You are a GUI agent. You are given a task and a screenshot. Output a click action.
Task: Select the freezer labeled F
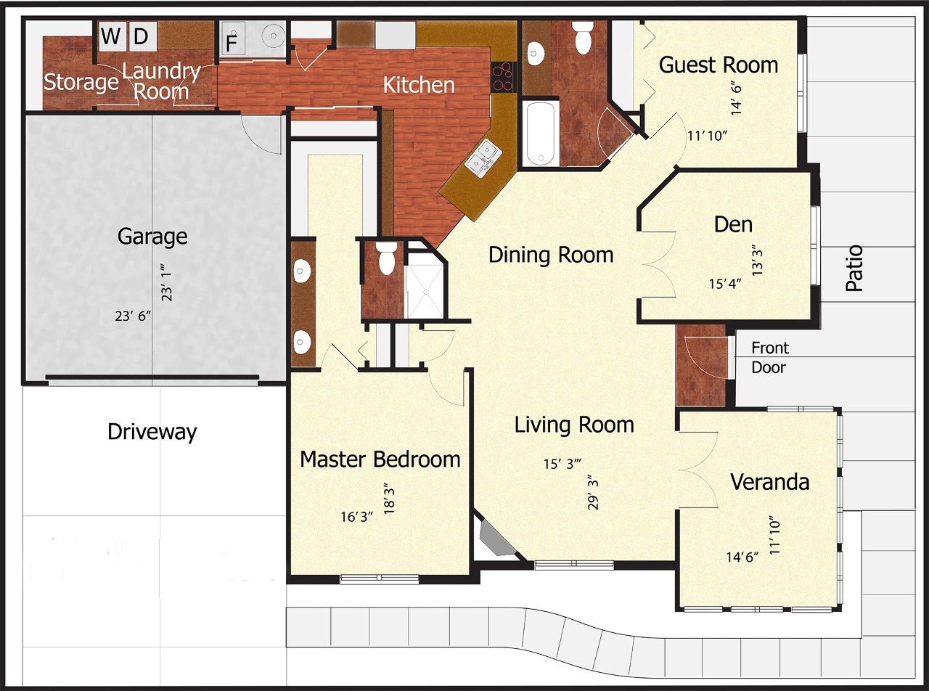tap(232, 38)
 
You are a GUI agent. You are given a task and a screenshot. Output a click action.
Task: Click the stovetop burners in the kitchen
tap(503, 77)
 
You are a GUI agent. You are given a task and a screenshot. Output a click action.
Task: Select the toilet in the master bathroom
tap(387, 258)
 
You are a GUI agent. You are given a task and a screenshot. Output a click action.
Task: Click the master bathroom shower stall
tap(424, 284)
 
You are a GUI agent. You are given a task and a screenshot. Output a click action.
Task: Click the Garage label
tap(152, 237)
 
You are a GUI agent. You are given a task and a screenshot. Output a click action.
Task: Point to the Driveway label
tap(152, 432)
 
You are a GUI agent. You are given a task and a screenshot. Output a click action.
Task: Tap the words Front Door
tap(769, 357)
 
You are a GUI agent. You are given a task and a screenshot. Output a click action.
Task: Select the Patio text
tap(854, 268)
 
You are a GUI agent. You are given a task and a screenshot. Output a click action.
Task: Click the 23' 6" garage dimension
tap(133, 316)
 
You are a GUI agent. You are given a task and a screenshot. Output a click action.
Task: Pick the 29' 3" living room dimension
tap(593, 492)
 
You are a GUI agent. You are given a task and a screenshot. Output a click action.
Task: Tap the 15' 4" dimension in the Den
tap(725, 284)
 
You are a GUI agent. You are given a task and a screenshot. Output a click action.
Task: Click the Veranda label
tap(770, 482)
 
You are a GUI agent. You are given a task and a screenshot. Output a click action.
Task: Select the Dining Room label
tap(551, 255)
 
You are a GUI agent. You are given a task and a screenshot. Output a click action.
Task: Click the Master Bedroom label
tap(380, 459)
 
